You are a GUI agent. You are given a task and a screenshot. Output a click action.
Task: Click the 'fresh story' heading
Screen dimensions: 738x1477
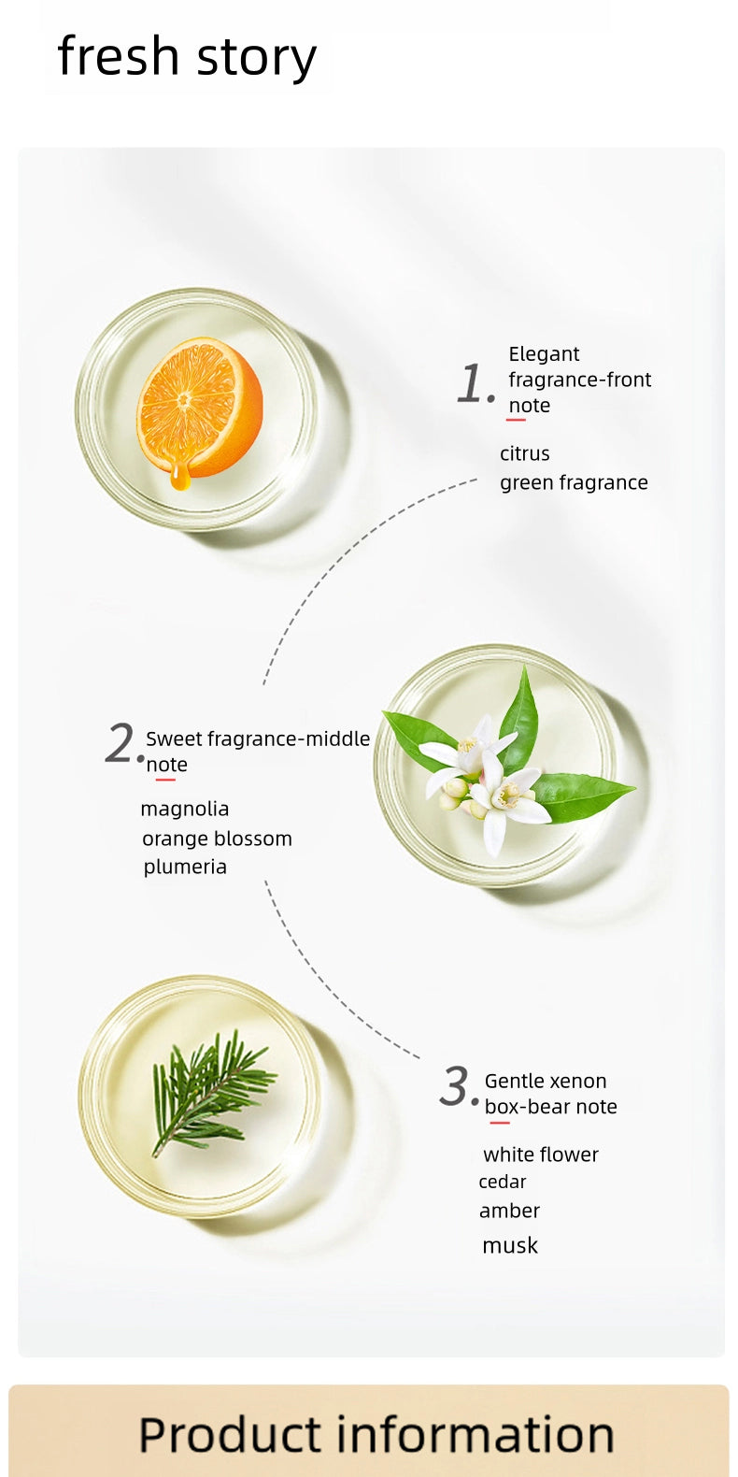click(187, 57)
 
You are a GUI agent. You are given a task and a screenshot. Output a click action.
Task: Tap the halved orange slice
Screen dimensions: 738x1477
click(200, 408)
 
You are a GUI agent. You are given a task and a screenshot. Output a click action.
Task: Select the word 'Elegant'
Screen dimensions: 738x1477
click(544, 354)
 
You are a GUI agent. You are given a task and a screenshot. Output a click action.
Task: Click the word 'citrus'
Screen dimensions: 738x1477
click(524, 453)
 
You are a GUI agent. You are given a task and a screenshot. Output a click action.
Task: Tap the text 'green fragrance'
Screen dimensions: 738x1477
click(574, 482)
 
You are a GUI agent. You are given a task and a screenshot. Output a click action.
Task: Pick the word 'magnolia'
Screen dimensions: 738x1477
click(185, 809)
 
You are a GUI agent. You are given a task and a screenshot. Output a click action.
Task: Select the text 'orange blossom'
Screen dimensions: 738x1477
click(217, 839)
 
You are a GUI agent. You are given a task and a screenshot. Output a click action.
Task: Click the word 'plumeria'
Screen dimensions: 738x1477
click(185, 868)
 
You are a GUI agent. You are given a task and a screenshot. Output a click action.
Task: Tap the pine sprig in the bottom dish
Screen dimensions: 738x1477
click(213, 1091)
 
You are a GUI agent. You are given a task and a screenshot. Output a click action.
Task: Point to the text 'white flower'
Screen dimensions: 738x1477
click(541, 1154)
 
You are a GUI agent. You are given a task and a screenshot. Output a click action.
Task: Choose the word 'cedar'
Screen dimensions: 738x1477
click(502, 1182)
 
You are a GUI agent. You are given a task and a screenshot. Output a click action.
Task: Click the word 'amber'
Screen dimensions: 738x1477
click(509, 1211)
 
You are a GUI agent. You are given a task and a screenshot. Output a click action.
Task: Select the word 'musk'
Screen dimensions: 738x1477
click(510, 1245)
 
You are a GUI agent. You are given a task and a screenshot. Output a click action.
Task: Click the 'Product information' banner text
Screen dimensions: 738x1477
click(376, 1435)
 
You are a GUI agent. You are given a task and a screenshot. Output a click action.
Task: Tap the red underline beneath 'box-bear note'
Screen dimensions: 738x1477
click(500, 1123)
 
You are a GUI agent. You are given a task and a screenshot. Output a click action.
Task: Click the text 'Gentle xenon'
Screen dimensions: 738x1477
click(546, 1082)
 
